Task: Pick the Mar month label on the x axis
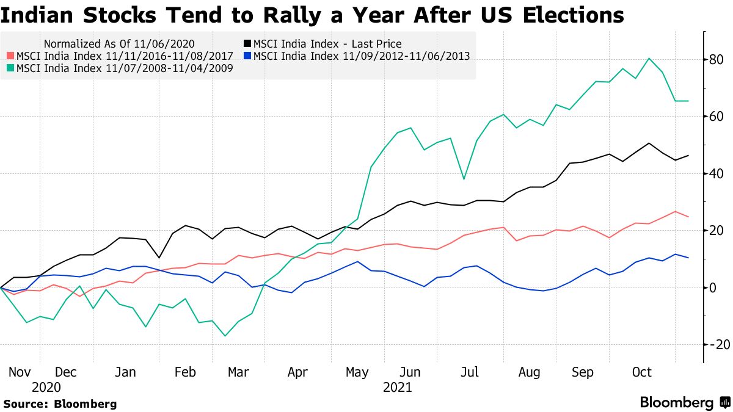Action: pos(238,372)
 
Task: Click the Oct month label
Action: pos(641,372)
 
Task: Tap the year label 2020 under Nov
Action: pos(46,387)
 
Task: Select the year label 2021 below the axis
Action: pos(397,387)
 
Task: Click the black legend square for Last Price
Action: pos(247,44)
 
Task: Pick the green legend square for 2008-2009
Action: pos(10,68)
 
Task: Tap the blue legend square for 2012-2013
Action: pos(247,56)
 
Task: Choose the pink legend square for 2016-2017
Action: pos(10,56)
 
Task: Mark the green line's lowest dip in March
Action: pos(225,336)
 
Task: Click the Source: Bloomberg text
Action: pos(60,403)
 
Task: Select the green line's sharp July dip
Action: pos(464,179)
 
